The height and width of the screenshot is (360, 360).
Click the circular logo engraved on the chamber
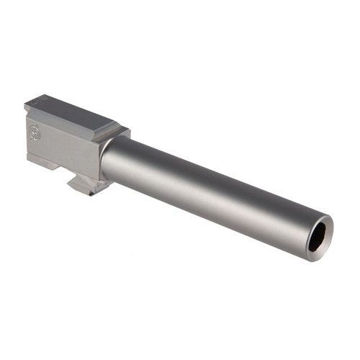[x=35, y=132]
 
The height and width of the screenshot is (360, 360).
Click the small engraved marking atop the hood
[x=41, y=101]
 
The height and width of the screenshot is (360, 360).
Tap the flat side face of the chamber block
[x=61, y=148]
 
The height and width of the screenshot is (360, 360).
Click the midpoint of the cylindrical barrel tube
[x=209, y=191]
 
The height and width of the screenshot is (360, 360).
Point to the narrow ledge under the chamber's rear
[x=43, y=164]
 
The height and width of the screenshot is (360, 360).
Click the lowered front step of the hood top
[x=115, y=130]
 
